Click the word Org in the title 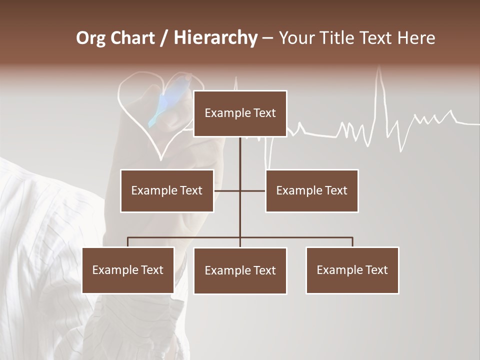pos(90,38)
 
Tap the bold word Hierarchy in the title pos(215,38)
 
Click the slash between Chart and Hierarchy pos(164,38)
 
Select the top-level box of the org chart pos(240,113)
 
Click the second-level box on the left pos(167,190)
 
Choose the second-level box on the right pos(311,190)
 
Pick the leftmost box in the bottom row pos(128,270)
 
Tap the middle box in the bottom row pos(240,270)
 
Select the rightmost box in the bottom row pos(352,270)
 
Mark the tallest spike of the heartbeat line pos(380,75)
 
